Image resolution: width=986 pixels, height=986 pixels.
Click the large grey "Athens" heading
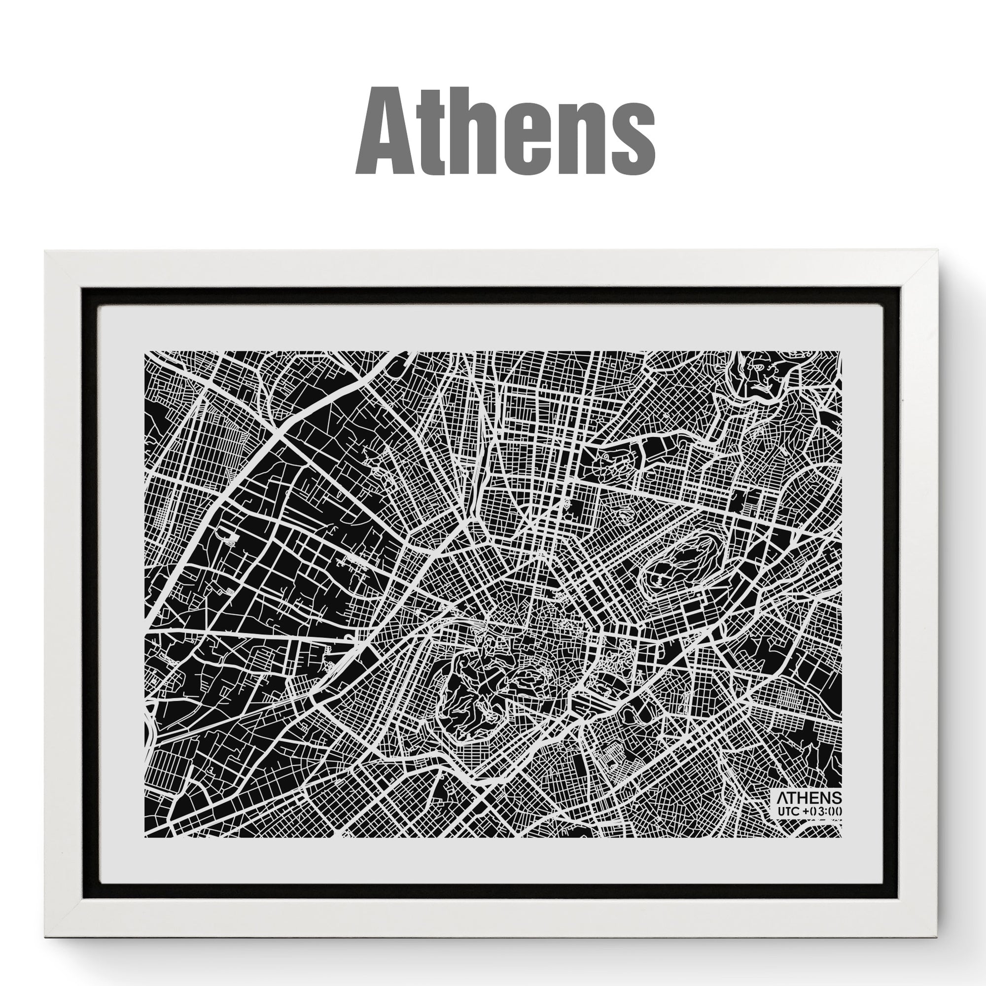click(x=505, y=132)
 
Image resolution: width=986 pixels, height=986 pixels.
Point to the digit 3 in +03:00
click(x=822, y=810)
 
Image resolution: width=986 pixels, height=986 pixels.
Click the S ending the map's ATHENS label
click(x=837, y=798)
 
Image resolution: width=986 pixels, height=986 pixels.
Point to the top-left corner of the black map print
click(x=145, y=352)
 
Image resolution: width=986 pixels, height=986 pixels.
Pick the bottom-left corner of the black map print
click(x=145, y=837)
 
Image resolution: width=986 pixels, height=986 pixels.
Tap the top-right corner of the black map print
click(x=841, y=352)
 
